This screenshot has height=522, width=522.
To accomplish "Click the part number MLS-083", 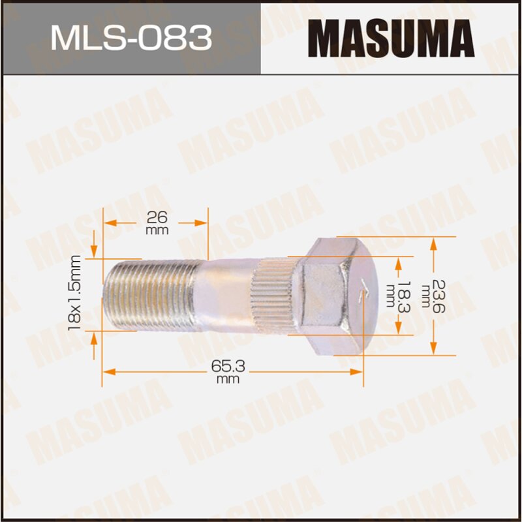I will point(131,37).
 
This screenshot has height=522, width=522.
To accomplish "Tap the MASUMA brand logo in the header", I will point(391,37).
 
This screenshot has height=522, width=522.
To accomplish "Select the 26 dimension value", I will point(157,217).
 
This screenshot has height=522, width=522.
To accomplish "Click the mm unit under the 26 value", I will point(157,230).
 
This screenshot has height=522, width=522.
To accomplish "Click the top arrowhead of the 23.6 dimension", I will point(432,243).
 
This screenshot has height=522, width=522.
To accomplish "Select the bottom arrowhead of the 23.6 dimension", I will point(432,349).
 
